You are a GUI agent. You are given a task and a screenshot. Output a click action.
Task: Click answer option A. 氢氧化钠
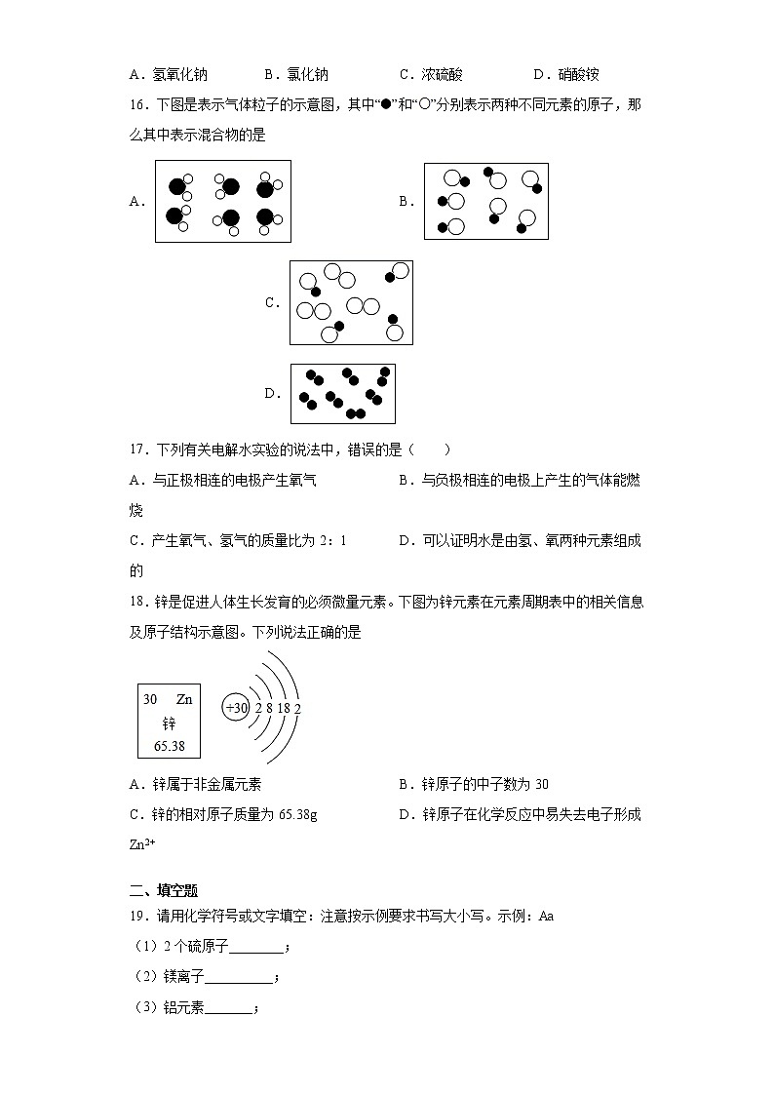pyautogui.click(x=168, y=74)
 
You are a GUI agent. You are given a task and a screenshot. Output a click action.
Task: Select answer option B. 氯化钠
pyautogui.click(x=296, y=74)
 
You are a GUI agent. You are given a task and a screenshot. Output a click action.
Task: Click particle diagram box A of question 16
pyautogui.click(x=223, y=202)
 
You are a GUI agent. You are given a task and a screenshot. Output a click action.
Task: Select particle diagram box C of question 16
pyautogui.click(x=351, y=302)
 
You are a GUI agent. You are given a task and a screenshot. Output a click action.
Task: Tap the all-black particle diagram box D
pyautogui.click(x=343, y=393)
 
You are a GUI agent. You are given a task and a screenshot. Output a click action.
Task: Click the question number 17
pyautogui.click(x=136, y=450)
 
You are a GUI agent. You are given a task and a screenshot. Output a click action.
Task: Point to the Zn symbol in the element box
pyautogui.click(x=184, y=699)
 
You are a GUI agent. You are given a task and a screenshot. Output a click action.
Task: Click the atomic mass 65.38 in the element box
pyautogui.click(x=170, y=746)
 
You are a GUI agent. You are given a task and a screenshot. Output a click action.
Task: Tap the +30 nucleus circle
pyautogui.click(x=237, y=708)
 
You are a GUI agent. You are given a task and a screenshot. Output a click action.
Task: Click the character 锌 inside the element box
pyautogui.click(x=170, y=723)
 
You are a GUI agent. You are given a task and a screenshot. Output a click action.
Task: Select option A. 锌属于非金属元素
pyautogui.click(x=195, y=784)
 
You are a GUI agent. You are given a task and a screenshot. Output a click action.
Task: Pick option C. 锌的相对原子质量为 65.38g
pyautogui.click(x=222, y=814)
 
